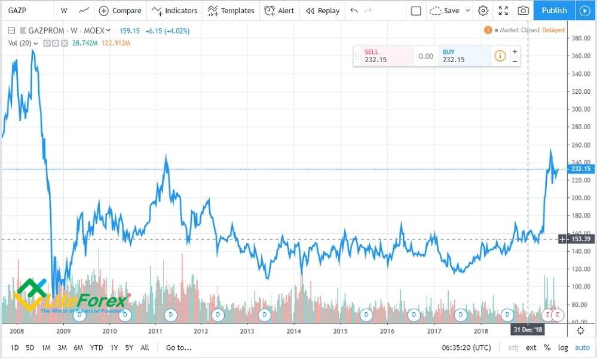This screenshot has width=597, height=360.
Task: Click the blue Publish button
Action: tap(554, 10)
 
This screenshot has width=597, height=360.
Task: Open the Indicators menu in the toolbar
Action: tap(174, 11)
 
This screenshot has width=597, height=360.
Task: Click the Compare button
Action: tap(120, 11)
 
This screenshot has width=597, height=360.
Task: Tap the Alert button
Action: tap(279, 11)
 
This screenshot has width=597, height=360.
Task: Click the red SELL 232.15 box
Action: tap(383, 56)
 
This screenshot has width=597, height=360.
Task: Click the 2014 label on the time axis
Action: tap(293, 331)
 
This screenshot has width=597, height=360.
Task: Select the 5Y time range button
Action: tap(129, 347)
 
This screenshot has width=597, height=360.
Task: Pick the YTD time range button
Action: tap(96, 347)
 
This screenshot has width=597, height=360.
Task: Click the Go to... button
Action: tap(179, 347)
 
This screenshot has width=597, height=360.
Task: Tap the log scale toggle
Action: tap(563, 347)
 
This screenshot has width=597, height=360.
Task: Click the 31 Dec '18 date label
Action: tap(528, 330)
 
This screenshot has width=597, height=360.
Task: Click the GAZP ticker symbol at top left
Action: tap(17, 11)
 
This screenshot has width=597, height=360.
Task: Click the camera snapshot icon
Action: tap(523, 11)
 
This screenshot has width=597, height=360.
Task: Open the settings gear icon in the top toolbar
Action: tap(483, 11)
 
